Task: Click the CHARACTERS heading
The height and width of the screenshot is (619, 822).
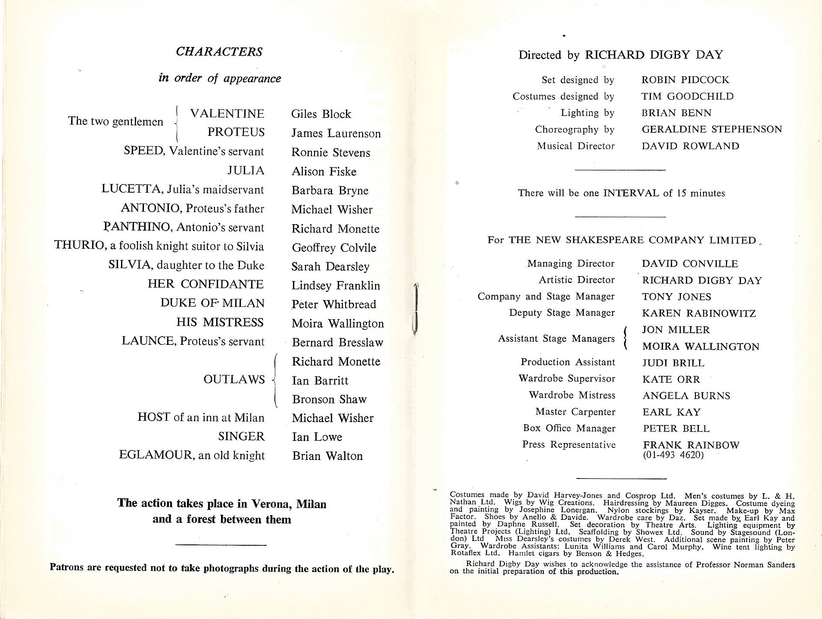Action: (219, 52)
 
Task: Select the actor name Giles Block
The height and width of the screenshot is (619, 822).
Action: (321, 114)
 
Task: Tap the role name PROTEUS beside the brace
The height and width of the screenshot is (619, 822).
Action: (236, 132)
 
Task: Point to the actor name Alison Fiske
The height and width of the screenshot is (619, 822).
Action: (324, 172)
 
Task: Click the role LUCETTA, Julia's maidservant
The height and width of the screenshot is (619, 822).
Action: (183, 190)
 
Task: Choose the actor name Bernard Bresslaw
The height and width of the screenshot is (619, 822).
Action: (337, 342)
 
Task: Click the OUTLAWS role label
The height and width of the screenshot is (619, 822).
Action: (234, 380)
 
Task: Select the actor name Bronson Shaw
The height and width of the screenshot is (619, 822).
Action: (329, 399)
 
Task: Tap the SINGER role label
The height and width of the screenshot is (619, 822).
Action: (241, 437)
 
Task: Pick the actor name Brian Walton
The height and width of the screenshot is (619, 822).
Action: (327, 456)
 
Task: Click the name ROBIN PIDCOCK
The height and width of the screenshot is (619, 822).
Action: (685, 80)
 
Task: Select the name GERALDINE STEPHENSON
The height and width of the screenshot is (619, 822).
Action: (712, 129)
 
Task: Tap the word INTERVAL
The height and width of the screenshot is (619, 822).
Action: (632, 193)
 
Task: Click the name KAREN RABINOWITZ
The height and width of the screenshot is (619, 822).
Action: (699, 313)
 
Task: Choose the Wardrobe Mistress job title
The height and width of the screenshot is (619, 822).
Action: (572, 395)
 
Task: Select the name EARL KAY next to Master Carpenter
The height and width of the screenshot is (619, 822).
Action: (671, 412)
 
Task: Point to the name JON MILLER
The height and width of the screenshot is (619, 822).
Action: (676, 330)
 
